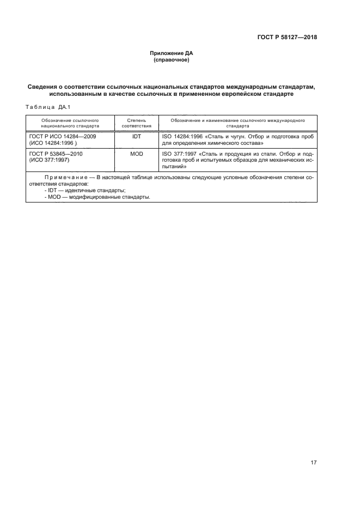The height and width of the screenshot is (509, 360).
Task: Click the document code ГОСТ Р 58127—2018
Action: (x=287, y=38)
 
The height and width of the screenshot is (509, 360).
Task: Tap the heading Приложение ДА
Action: (x=172, y=53)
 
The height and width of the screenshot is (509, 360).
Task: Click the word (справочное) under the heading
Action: (x=172, y=60)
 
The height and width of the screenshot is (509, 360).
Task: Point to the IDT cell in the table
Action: (x=136, y=137)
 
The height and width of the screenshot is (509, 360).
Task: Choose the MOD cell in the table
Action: (x=136, y=154)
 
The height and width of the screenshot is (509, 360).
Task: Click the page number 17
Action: (x=313, y=463)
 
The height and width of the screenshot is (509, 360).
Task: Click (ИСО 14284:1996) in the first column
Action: (x=54, y=143)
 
